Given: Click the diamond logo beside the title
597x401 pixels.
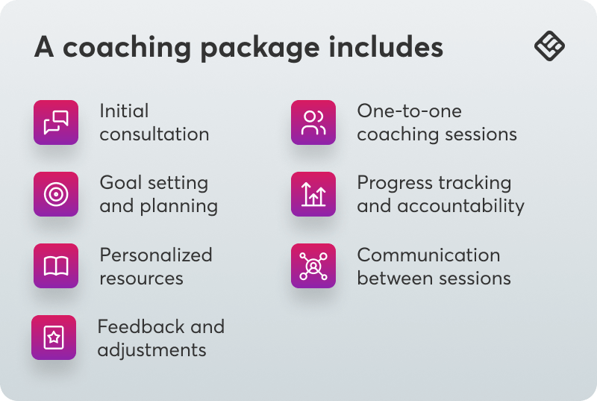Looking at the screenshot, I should pos(550,46).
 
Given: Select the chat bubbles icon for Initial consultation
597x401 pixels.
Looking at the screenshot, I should pos(56,122).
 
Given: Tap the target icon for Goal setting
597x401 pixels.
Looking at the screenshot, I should pos(56,194).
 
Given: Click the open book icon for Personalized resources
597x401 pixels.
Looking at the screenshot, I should pos(56,266).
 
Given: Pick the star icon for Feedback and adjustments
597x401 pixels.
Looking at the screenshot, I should pos(54,338).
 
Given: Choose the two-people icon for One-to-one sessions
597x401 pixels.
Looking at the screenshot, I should pos(313,122).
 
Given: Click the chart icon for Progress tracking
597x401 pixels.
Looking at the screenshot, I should pos(313,194).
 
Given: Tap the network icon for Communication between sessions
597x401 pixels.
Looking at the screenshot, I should pos(313,266).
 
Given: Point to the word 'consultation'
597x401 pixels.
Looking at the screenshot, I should pos(154,134).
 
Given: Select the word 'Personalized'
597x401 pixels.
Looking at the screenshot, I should pos(156,255).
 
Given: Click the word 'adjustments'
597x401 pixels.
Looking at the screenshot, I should pos(151,349).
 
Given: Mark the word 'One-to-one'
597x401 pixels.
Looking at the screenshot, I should pos(410,111).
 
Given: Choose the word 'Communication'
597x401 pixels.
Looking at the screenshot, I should pos(428,255).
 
